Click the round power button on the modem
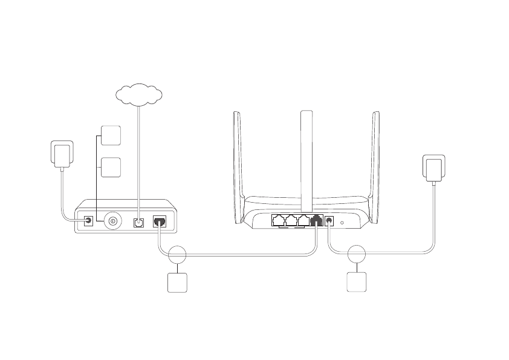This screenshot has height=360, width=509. pyautogui.click(x=112, y=221)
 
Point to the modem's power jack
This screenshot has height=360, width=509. pyautogui.click(x=89, y=221)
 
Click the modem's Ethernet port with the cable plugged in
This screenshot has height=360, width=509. pyautogui.click(x=160, y=221)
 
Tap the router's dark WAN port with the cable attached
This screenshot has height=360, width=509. pyautogui.click(x=316, y=221)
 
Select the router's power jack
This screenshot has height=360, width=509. pyautogui.click(x=329, y=221)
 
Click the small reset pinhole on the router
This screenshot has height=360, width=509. pyautogui.click(x=343, y=223)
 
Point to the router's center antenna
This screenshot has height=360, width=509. pyautogui.click(x=307, y=157)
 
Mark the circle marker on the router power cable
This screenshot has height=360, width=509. pyautogui.click(x=358, y=255)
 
